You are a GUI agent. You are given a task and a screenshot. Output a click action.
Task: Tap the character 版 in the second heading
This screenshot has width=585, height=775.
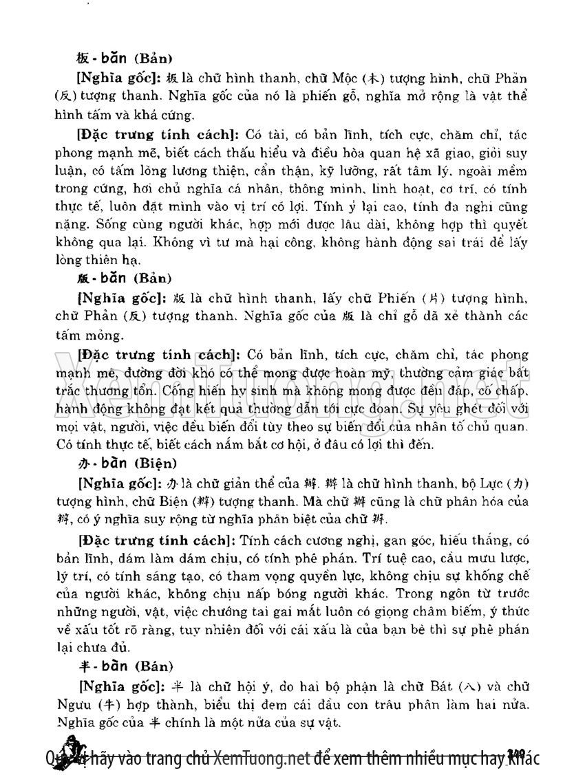click(83, 279)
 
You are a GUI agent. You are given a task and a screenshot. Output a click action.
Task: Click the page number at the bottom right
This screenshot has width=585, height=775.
click(516, 755)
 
